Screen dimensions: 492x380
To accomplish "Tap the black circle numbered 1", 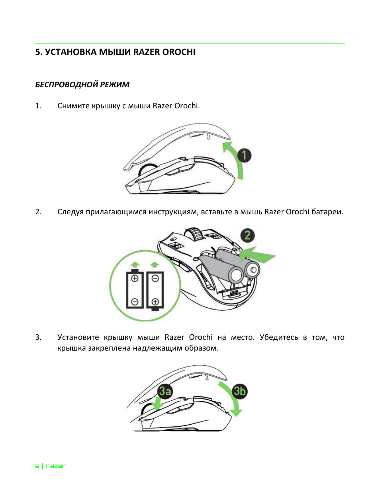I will (244, 155).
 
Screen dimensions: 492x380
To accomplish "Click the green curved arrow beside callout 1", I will (235, 159).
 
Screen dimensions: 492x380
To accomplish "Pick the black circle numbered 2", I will (247, 235).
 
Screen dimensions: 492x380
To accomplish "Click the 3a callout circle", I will (165, 391).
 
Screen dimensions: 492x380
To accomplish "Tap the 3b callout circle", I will (239, 391).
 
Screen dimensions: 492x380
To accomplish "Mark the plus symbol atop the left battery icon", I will (135, 278).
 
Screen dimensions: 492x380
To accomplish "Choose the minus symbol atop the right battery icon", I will (155, 278).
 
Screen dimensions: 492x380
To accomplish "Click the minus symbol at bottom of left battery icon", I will (135, 302).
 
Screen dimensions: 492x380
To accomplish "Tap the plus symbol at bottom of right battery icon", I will (155, 302).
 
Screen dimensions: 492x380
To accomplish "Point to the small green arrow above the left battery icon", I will (135, 264).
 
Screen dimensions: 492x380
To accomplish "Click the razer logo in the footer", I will (56, 466).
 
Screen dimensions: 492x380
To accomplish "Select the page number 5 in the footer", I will (37, 466).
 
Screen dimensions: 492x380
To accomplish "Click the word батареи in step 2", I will (327, 212).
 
